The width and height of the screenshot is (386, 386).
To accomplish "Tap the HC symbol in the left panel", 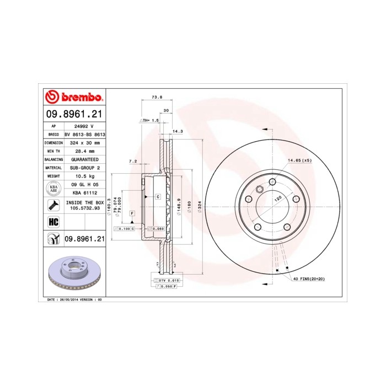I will (x=53, y=222).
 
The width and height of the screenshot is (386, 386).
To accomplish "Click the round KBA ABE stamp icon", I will (x=53, y=189).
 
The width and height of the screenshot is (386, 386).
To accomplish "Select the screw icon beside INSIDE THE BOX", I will (x=53, y=206).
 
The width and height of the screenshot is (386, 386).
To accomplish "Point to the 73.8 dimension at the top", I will (x=157, y=97).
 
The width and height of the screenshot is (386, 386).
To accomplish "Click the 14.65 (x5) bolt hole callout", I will (x=299, y=160).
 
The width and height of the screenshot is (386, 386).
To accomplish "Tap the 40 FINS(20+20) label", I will (x=309, y=280).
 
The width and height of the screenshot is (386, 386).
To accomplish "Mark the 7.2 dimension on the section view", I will (x=132, y=162).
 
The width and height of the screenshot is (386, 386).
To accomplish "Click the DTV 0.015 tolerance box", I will (x=165, y=281).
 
